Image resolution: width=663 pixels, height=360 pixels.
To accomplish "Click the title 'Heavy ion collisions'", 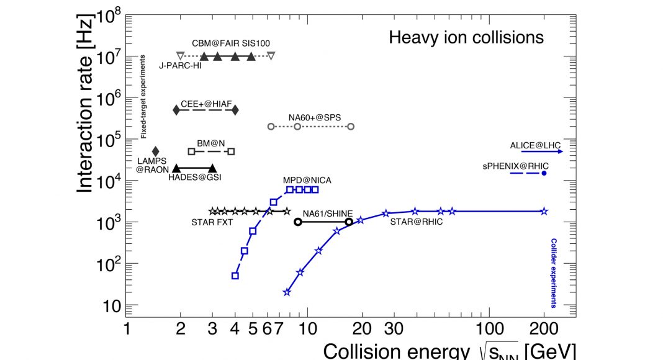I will tap(466, 37).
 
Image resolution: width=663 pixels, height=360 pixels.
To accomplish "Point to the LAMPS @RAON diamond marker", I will tap(156, 151).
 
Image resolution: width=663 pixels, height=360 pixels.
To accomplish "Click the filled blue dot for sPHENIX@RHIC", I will tap(544, 173).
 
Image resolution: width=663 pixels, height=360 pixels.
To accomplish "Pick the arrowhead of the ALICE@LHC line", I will tap(560, 151).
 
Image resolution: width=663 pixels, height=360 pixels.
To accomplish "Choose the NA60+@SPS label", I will tap(314, 116).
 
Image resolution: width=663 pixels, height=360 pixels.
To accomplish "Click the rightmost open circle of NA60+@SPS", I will tap(351, 127).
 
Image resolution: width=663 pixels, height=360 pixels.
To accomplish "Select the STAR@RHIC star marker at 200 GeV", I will tap(544, 212).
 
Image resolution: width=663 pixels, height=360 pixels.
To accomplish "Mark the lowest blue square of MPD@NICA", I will tap(235, 276).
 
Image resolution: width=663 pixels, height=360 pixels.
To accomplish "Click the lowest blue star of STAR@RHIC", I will tap(287, 292).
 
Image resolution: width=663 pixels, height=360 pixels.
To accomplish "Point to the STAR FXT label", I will tap(212, 222).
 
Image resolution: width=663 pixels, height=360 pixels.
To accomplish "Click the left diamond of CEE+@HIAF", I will tap(176, 110).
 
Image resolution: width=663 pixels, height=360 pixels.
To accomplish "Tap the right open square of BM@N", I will tap(231, 151).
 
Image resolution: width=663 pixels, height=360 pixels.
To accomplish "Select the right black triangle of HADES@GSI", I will tap(212, 168).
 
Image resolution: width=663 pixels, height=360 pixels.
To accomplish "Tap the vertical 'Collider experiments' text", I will tap(553, 273).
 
